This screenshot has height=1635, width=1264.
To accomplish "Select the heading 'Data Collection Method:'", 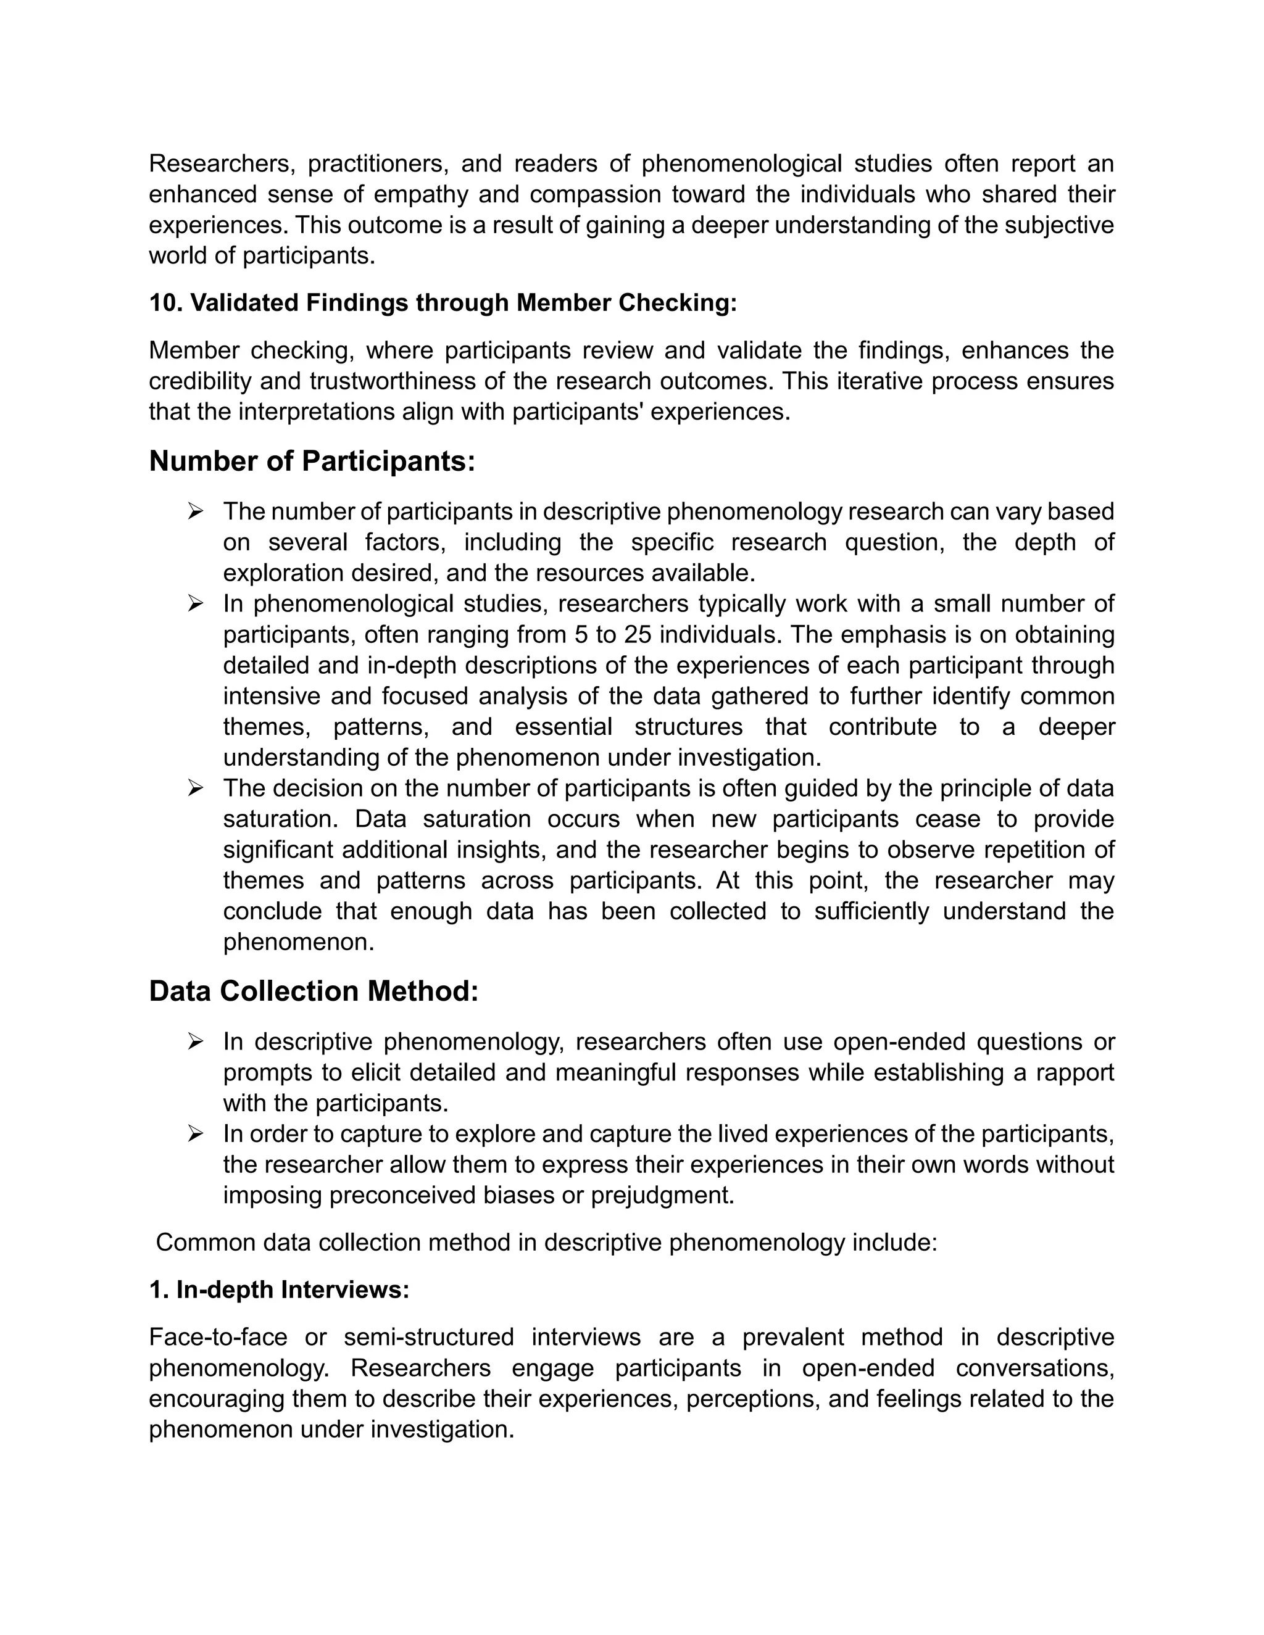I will (313, 992).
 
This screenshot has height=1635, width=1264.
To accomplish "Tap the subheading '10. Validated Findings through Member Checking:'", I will (443, 303).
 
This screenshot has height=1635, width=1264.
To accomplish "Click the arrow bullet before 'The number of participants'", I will (196, 512).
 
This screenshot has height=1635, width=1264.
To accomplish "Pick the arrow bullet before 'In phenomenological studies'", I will (196, 604).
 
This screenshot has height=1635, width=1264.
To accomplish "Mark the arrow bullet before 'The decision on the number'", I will (196, 789).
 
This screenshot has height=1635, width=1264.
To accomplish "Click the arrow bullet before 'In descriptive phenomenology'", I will (196, 1042).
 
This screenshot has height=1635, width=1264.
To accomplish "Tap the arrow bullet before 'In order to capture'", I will (196, 1134).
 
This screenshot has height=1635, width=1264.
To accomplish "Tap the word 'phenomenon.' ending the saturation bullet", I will (298, 942).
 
